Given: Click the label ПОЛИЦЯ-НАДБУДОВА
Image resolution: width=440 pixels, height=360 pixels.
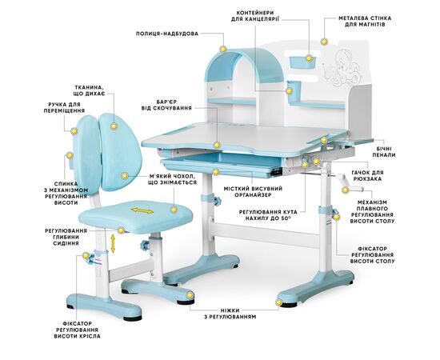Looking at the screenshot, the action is click(x=167, y=34).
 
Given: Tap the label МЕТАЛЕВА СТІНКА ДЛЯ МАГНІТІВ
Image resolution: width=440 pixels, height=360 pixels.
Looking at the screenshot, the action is click(x=365, y=22).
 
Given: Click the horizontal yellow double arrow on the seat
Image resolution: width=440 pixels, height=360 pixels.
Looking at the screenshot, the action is click(x=142, y=210).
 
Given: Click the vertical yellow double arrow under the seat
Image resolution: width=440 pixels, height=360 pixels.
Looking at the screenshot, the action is click(x=113, y=243).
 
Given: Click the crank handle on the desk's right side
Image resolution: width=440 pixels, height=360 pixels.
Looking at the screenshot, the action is click(x=343, y=182).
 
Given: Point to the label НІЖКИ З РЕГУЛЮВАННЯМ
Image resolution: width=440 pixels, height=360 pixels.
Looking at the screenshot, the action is click(x=230, y=314).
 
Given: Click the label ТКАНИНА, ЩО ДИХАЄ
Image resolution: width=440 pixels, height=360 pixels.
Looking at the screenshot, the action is click(x=90, y=90).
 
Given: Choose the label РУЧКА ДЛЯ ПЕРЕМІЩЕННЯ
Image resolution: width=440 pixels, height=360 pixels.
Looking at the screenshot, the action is click(x=64, y=107).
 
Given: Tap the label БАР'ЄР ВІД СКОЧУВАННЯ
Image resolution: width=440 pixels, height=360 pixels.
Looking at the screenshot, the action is click(x=166, y=105).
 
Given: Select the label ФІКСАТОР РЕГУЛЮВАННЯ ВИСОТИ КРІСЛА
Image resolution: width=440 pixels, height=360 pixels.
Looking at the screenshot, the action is click(x=77, y=330).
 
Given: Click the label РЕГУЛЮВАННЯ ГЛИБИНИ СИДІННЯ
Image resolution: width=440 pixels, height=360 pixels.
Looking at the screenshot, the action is click(x=66, y=237).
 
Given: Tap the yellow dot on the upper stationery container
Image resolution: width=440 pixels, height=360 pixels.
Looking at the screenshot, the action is click(x=309, y=58).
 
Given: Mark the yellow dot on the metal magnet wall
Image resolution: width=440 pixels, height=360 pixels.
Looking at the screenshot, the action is click(x=324, y=42).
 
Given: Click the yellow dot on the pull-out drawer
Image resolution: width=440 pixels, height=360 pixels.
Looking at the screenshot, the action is click(x=215, y=172).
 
